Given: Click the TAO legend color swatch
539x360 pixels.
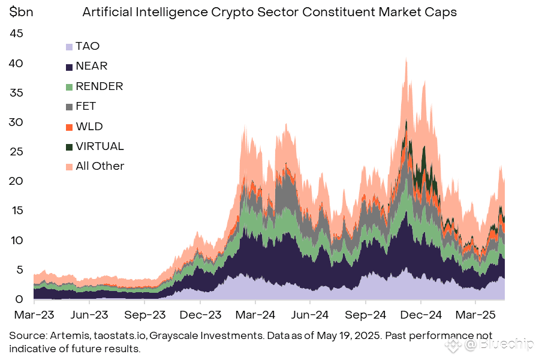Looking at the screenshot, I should pos(70,46).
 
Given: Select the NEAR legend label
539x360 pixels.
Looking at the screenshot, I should pos(92,66).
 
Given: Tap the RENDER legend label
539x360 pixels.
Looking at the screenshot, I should pos(99,86).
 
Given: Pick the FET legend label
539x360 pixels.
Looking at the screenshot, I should pos(86,106).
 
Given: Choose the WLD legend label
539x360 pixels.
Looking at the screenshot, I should pos(89,126).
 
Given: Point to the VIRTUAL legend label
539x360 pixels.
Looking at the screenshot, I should pos(100,146).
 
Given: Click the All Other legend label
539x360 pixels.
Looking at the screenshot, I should pos(100,166).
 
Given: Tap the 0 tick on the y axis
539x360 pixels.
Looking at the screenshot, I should pos(20,299).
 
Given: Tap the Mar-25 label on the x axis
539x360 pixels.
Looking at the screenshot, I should pos(475,314).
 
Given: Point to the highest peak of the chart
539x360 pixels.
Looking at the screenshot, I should pos(406,59).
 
